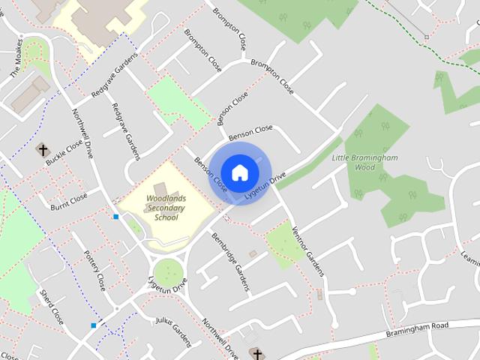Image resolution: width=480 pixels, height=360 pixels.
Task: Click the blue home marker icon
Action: pyautogui.click(x=239, y=172)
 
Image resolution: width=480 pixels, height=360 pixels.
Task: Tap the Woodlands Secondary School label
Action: pyautogui.click(x=156, y=209)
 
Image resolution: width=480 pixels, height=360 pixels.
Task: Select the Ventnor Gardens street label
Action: pyautogui.click(x=307, y=250)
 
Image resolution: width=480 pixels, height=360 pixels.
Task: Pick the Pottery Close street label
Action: pyautogui.click(x=94, y=271)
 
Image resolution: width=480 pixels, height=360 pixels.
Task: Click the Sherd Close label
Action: pyautogui.click(x=52, y=306)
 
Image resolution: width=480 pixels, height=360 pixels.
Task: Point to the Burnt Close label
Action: pyautogui.click(x=69, y=202)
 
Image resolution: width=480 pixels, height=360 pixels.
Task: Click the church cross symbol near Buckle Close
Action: pyautogui.click(x=40, y=149)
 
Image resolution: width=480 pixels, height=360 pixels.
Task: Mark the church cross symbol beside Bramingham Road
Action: pyautogui.click(x=256, y=353)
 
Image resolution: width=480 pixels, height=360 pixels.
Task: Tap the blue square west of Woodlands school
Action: pyautogui.click(x=115, y=217)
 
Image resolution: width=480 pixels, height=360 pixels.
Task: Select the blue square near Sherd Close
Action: pyautogui.click(x=93, y=325)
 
